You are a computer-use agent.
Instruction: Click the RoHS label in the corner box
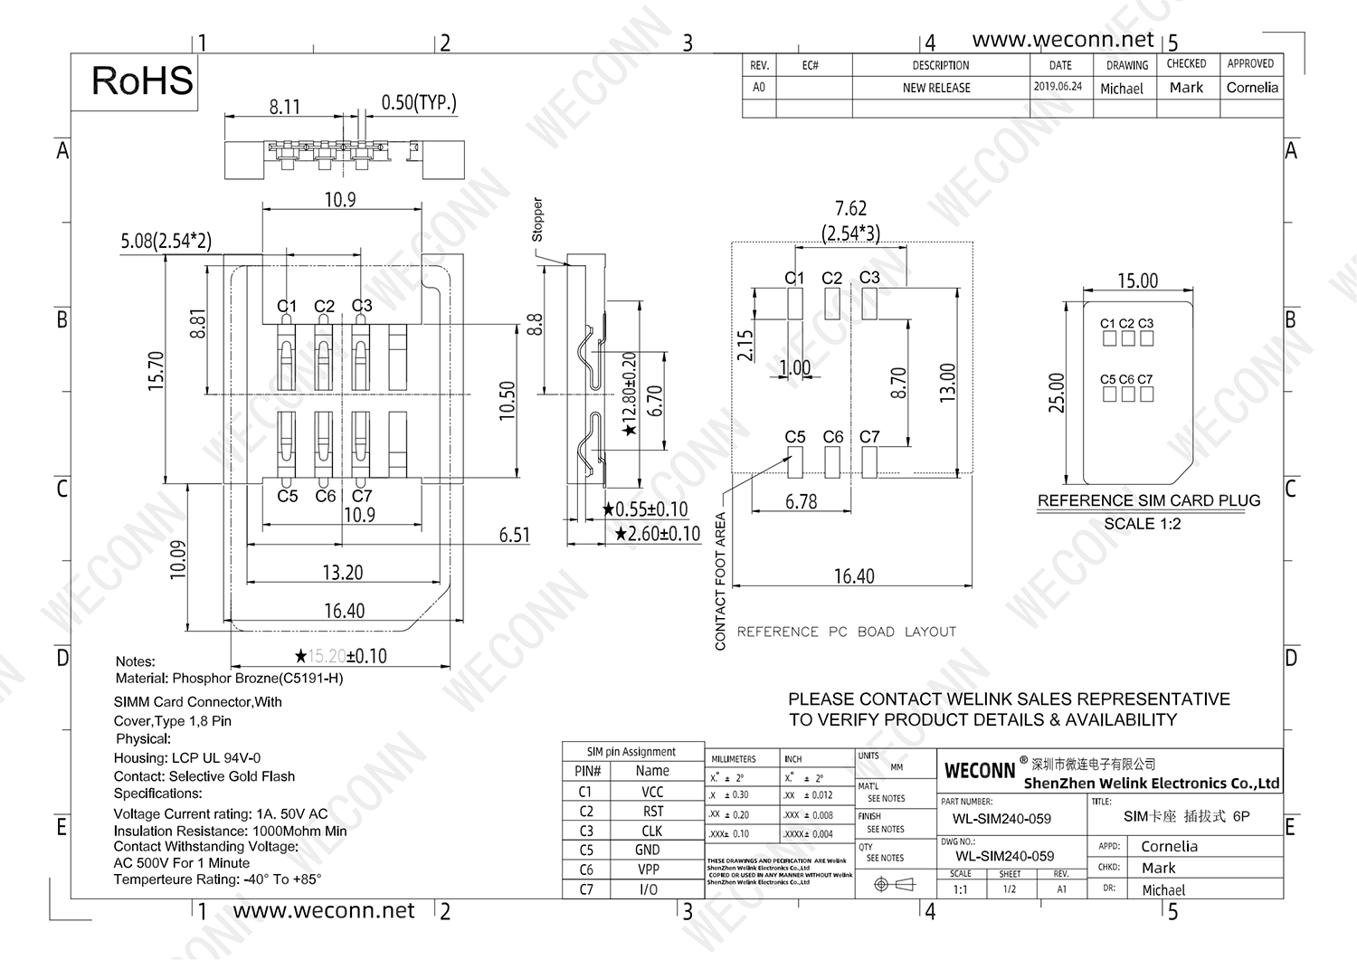(142, 81)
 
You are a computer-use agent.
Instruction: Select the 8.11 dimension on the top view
(284, 107)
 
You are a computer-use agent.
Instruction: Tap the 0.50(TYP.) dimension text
(419, 102)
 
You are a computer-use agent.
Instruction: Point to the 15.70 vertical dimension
(156, 371)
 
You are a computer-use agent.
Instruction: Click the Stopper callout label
(537, 220)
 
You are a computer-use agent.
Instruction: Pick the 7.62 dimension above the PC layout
(850, 209)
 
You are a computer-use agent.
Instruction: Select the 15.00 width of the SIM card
(1137, 280)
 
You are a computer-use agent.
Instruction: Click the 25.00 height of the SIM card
(1057, 393)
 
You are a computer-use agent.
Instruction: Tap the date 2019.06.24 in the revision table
(1058, 87)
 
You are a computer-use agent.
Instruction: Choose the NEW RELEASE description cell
(936, 88)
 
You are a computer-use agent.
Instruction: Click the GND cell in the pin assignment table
(648, 851)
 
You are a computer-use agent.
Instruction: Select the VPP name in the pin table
(649, 870)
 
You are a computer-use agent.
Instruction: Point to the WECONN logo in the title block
(980, 771)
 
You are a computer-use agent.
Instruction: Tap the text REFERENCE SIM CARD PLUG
(1148, 500)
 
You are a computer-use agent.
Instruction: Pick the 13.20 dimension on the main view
(342, 573)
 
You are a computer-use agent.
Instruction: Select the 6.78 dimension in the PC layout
(801, 502)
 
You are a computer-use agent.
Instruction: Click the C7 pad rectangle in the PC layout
(869, 463)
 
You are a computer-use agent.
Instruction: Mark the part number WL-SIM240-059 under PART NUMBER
(1001, 819)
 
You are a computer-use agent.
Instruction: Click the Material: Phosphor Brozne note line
(229, 679)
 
